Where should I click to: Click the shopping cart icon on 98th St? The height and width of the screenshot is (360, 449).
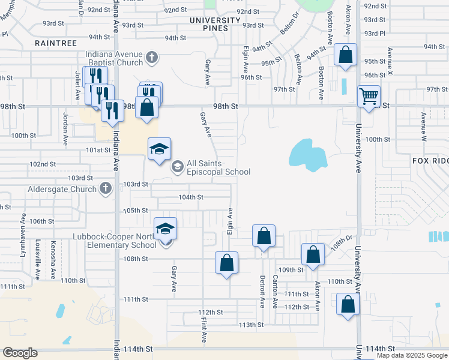368,95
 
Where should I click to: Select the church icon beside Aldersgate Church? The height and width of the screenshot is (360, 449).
105,189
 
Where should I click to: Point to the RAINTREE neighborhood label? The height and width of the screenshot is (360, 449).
56,43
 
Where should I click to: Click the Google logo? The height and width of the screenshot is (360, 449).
20,353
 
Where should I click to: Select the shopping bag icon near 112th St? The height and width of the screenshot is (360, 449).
348,304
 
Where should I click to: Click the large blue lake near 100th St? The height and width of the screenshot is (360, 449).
307,154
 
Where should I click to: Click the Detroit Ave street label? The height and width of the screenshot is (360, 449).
262,291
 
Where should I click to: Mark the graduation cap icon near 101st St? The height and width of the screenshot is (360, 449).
160,149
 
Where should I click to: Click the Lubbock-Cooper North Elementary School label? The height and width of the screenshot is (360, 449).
115,240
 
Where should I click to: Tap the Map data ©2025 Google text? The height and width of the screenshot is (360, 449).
411,355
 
